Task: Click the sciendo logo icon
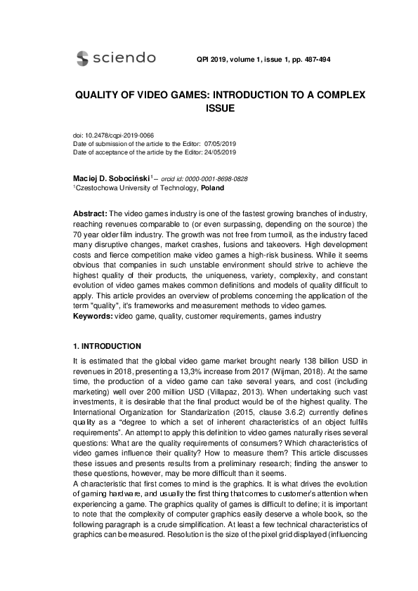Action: pyautogui.click(x=82, y=58)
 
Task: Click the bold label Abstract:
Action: pyautogui.click(x=91, y=213)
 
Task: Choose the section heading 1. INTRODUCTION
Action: pyautogui.click(x=107, y=346)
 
